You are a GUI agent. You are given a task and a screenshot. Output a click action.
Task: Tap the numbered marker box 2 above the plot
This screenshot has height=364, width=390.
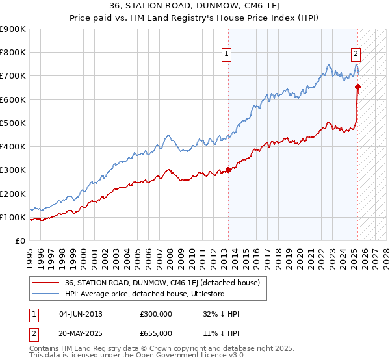click(x=357, y=55)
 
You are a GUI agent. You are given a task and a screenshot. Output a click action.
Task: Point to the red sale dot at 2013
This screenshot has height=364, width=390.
click(x=228, y=170)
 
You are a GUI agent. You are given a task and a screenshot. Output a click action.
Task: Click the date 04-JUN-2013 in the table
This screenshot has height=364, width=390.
click(x=81, y=314)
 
